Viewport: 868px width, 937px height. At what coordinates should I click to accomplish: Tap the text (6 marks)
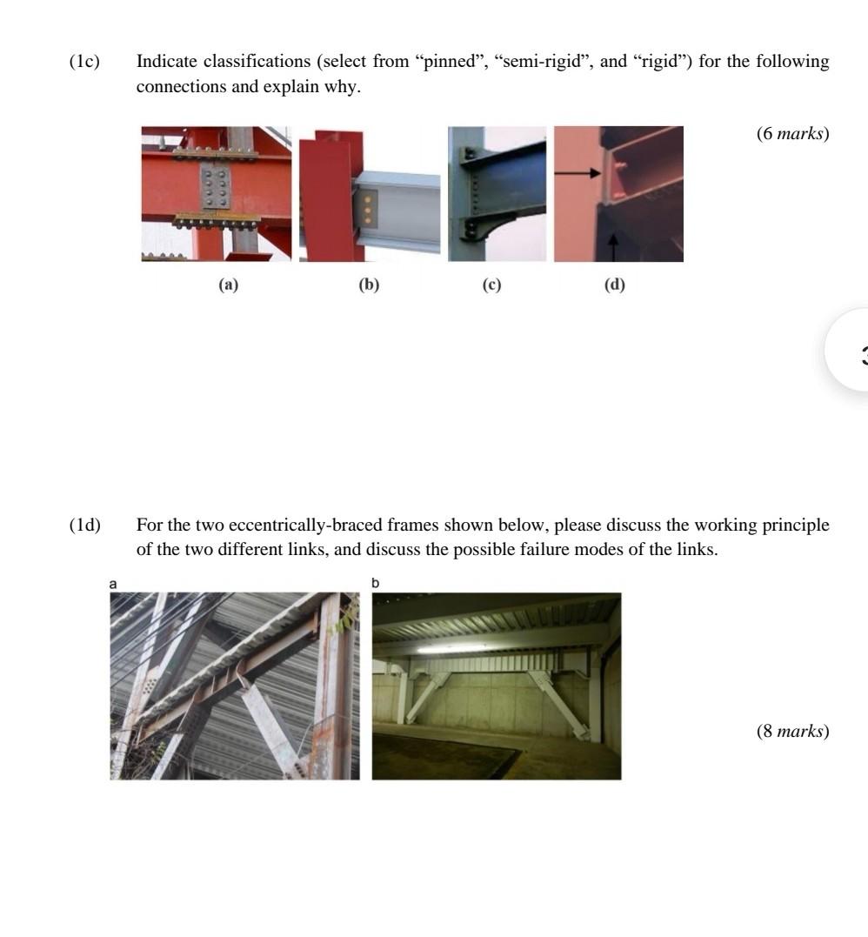click(x=792, y=133)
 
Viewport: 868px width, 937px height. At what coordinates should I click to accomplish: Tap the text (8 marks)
click(x=792, y=731)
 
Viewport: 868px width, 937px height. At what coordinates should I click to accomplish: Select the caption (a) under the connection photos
click(x=228, y=284)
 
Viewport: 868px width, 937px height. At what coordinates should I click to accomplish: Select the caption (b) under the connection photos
click(x=370, y=284)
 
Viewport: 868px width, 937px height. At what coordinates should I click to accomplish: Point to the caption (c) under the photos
click(x=492, y=284)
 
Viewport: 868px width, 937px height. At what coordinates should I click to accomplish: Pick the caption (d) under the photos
click(x=615, y=284)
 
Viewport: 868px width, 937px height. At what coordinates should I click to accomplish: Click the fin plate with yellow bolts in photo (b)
click(x=369, y=209)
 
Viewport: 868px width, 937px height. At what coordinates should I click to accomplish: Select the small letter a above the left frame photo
click(x=113, y=584)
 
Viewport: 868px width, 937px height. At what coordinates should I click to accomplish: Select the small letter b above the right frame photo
click(x=376, y=583)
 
